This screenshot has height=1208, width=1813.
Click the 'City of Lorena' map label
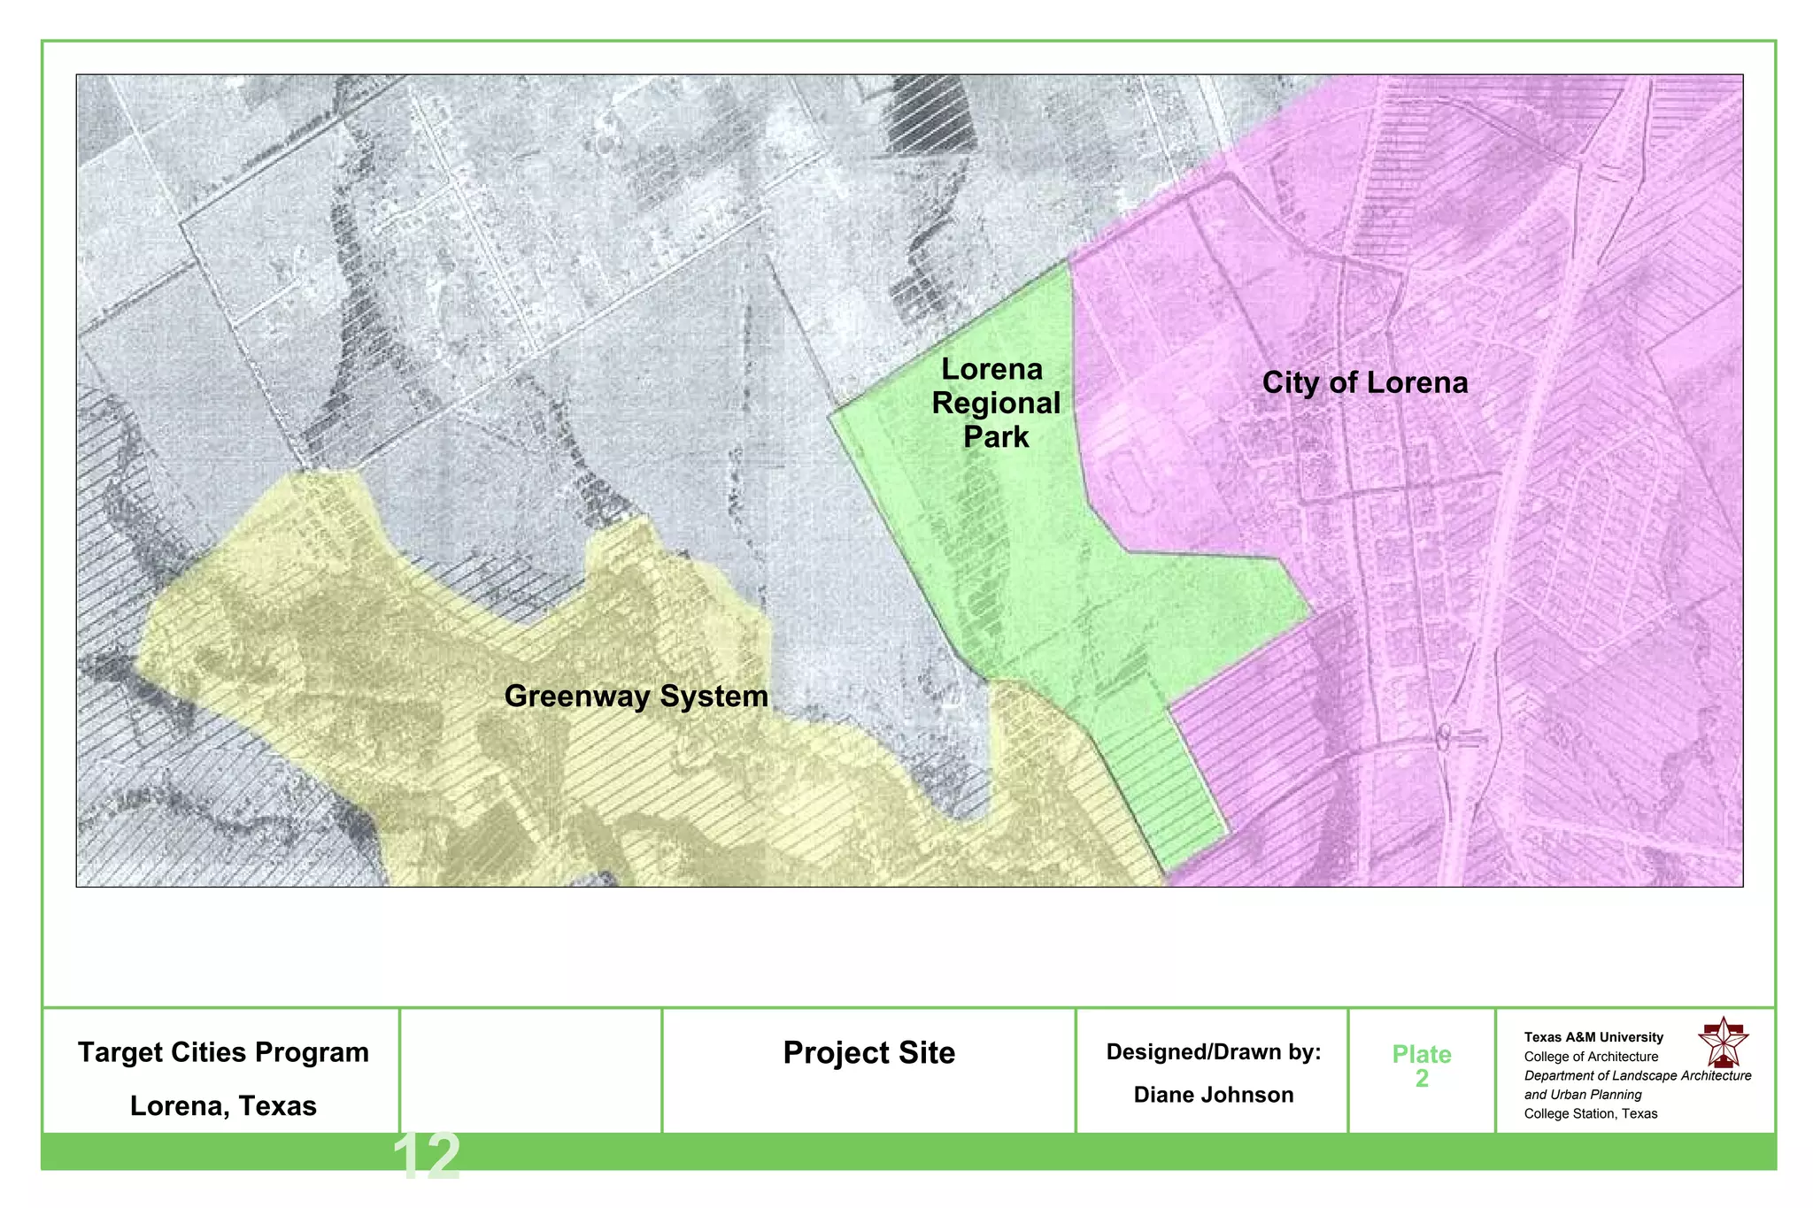1364,382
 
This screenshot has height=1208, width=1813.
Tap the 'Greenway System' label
636,696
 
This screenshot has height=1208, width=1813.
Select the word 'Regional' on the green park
996,404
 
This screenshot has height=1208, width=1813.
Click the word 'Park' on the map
996,437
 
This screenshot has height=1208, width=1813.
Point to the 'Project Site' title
868,1052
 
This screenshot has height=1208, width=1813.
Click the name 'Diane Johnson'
1213,1095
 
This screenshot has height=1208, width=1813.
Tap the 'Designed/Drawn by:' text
1213,1052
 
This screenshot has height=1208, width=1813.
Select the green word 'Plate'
1421,1054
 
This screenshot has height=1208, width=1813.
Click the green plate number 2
1422,1079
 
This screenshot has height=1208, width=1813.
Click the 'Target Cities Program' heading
223,1052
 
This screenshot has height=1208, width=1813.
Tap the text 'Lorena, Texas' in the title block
223,1106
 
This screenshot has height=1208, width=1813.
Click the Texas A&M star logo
1723,1043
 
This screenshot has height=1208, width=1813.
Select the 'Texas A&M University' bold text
1593,1037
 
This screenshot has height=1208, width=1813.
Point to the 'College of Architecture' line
1591,1057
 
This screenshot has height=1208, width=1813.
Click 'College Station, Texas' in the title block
1590,1114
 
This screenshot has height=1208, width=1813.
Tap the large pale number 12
426,1156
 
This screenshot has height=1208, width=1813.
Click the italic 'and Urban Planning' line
1583,1095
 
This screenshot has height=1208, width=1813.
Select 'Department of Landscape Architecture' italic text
1637,1076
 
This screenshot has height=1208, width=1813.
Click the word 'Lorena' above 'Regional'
991,369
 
